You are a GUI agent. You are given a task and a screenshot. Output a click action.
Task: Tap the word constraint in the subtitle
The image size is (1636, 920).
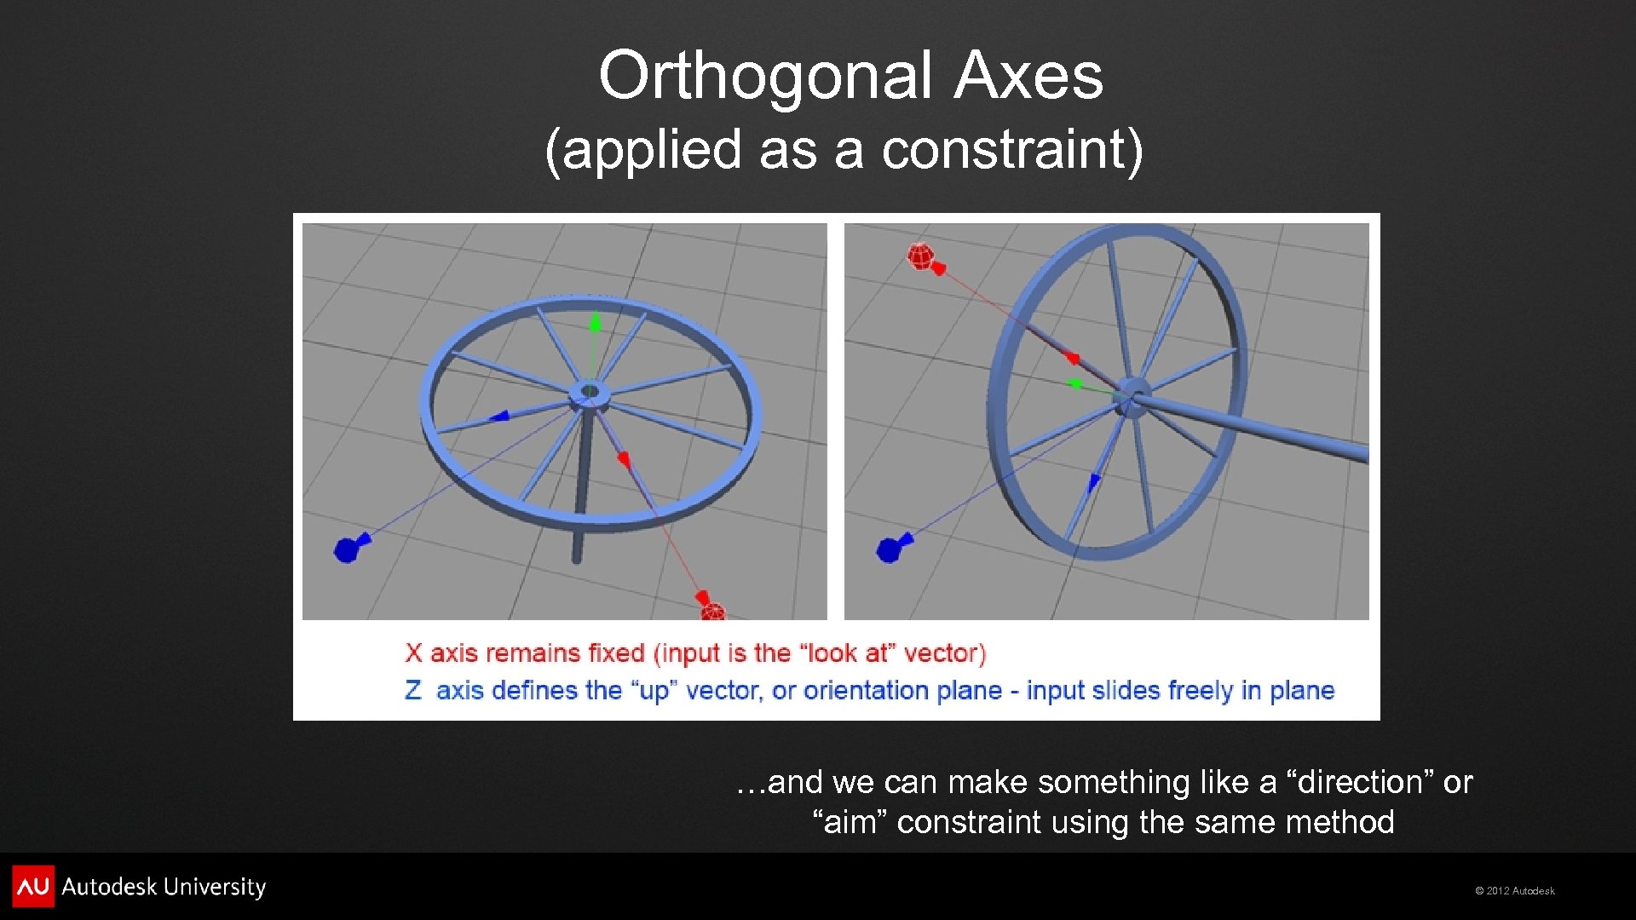pos(1002,150)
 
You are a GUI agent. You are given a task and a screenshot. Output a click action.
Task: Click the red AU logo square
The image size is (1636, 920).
pos(33,886)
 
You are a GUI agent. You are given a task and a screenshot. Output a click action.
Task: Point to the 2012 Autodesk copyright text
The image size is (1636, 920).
pos(1515,891)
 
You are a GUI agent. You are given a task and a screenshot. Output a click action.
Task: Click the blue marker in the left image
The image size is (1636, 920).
pos(348,549)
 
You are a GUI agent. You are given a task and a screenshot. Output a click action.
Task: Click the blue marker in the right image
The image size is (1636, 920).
pos(890,549)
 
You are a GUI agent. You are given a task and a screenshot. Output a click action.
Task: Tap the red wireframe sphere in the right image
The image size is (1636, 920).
pos(920,256)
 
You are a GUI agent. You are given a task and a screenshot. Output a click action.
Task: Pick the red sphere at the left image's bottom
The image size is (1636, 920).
pos(712,611)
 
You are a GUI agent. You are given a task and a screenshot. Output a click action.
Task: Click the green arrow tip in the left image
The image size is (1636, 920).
pos(596,321)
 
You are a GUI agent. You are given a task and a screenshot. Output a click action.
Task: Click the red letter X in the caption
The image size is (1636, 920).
pos(414,653)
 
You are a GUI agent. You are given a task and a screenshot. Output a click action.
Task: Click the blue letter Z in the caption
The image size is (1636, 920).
pos(413,690)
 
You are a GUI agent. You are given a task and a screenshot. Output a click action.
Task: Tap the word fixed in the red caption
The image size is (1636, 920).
pos(616,653)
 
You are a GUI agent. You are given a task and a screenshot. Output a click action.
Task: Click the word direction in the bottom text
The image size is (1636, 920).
pos(1360,782)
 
